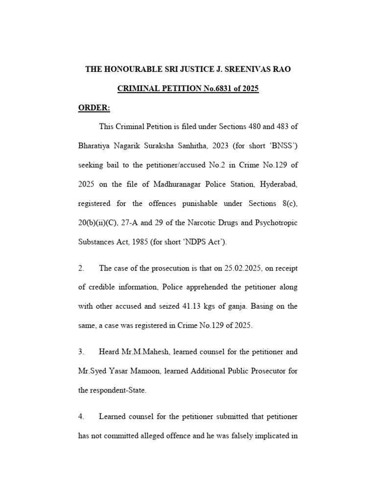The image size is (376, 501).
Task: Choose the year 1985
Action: [145, 242]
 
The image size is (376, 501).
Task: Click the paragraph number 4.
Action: [81, 416]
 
